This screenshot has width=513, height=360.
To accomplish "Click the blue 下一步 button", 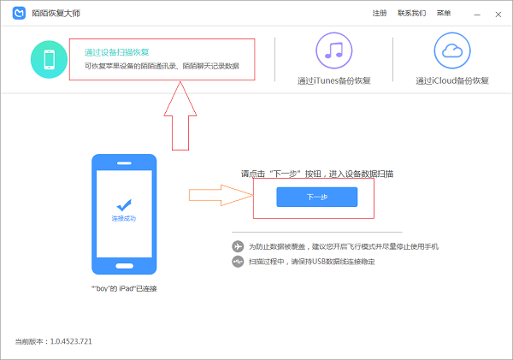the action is point(316,197).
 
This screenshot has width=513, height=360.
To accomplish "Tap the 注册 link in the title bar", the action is point(379,13).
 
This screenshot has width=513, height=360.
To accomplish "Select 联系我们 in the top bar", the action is point(411,13).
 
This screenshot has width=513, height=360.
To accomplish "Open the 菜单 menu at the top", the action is point(444,13).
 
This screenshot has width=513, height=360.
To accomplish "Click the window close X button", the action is point(498,15).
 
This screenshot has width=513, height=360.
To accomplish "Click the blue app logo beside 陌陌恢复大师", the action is point(19,13).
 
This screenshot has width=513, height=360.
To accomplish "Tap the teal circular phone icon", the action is point(49,59).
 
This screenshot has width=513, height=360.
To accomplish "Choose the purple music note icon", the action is point(333,50).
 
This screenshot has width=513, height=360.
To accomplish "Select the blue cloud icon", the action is point(452,50).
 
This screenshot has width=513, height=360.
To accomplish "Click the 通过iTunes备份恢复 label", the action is point(333,80).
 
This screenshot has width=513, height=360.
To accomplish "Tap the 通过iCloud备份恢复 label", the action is point(452,80).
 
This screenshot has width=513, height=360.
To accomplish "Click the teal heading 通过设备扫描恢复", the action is point(116,52).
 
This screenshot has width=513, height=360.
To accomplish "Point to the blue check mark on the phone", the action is point(124,205).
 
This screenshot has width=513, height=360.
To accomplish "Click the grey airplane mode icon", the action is point(238,246).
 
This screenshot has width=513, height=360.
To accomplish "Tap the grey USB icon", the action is point(238,262).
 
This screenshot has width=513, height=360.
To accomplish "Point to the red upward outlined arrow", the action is point(180,115).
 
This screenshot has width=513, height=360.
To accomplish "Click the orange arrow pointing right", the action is point(221,195).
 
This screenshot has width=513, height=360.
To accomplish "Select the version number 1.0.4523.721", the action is point(71,341).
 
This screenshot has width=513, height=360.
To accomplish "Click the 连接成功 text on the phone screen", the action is point(124,218).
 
